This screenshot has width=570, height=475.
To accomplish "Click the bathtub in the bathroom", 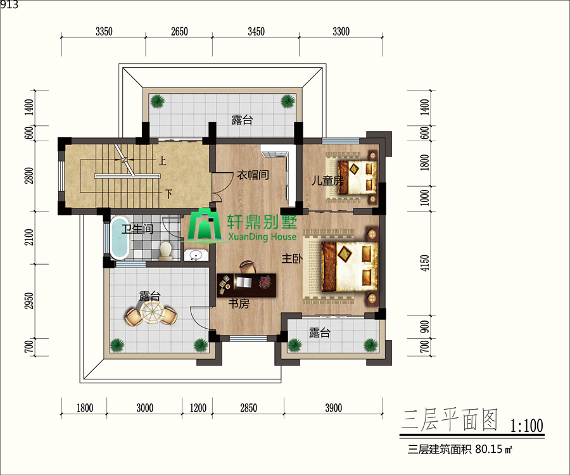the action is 120,237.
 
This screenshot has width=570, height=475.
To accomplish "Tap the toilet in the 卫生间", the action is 165,251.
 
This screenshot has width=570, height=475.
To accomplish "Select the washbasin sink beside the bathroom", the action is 196,255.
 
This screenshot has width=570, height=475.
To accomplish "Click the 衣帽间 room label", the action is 253,175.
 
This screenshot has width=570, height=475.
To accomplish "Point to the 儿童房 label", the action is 327,180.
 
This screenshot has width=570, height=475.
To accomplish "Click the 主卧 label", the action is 292,259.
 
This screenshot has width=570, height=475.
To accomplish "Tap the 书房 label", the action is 239,303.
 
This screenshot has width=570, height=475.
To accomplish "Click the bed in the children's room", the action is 357,177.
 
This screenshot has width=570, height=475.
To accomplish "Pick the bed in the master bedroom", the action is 350,267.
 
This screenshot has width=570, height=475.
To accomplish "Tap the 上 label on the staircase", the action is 162,161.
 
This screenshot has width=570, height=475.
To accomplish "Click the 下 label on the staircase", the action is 168,194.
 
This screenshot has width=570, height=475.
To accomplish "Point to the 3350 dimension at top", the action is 104,32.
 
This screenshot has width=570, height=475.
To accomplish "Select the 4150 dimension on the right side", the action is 424,262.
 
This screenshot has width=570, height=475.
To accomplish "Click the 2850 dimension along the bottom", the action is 249,408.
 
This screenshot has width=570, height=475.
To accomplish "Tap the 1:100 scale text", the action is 527,426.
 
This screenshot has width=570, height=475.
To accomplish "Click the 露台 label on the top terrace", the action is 242,120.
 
